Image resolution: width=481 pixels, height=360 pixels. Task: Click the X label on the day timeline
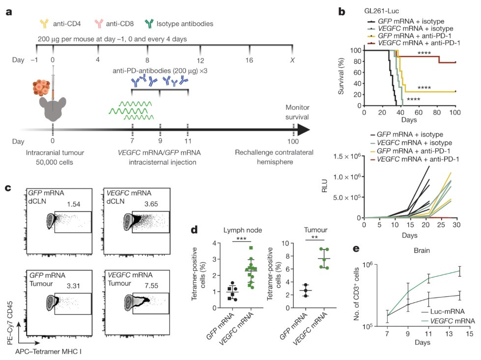point(293,60)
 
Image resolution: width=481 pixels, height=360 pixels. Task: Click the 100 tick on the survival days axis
point(456,112)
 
